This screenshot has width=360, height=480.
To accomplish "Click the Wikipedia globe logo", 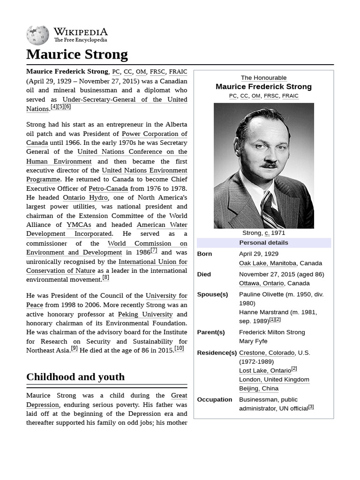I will pos(37,35).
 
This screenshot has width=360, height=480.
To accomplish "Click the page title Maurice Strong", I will pos(77,54).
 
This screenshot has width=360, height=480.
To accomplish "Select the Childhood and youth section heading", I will pos(75,377).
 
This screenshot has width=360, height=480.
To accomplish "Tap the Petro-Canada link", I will pos(108,188).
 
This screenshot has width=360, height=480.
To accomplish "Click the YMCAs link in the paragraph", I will pos(79,225).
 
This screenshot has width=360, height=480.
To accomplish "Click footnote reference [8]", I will pos(105,277).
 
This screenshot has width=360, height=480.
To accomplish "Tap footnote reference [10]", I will pos(179,348).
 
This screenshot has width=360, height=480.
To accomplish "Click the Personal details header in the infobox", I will pos(263,242).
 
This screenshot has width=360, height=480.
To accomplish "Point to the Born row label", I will pos(204,254).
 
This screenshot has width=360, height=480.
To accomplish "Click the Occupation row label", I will pos(214,399).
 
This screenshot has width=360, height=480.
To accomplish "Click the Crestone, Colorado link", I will pos(266,352).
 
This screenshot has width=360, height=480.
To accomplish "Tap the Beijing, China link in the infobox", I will pos(258,388).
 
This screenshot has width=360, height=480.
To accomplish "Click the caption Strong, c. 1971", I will pos(263,232).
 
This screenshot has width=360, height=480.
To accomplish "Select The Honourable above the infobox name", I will pos(263,78).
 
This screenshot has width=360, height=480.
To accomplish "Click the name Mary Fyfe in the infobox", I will pos(253,341).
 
